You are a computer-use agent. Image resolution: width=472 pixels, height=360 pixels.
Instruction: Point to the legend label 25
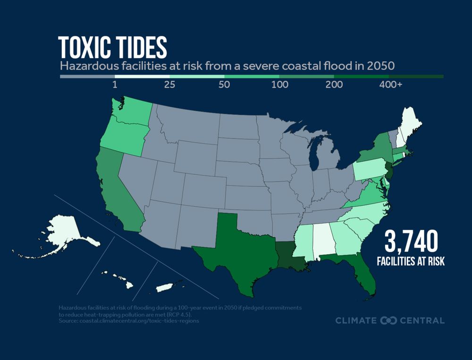[169, 86]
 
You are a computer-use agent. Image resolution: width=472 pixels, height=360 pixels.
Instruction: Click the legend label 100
[278, 86]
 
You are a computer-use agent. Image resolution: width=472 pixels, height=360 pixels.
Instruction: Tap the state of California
[116, 189]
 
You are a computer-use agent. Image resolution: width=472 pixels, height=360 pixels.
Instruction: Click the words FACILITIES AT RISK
[411, 261]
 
